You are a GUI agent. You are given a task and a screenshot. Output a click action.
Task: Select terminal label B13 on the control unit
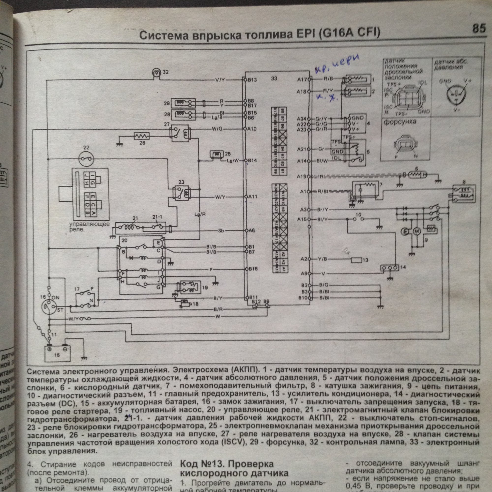pos(253,80)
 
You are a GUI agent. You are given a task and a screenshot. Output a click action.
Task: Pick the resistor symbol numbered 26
pos(142,136)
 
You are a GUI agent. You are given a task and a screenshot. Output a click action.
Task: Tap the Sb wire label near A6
pos(221,231)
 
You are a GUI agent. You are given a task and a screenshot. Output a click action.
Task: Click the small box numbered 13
pos(356,260)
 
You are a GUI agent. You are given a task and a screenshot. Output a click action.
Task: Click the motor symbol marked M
pos(417,231)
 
